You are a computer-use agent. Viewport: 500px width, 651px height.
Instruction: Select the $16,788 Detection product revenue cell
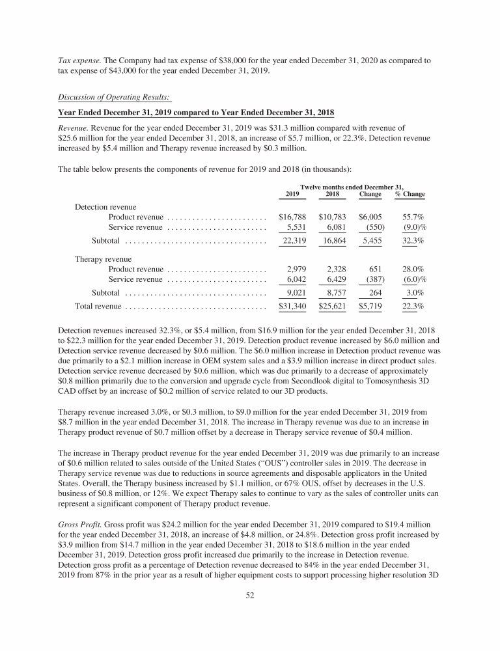[x=292, y=216]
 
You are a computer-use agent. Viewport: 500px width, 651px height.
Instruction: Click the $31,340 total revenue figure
[x=292, y=305]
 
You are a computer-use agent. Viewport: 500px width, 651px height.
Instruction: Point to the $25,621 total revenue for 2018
[x=332, y=305]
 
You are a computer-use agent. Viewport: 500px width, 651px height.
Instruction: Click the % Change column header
[x=410, y=194]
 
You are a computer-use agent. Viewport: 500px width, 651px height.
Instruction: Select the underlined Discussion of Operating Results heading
[x=115, y=98]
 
